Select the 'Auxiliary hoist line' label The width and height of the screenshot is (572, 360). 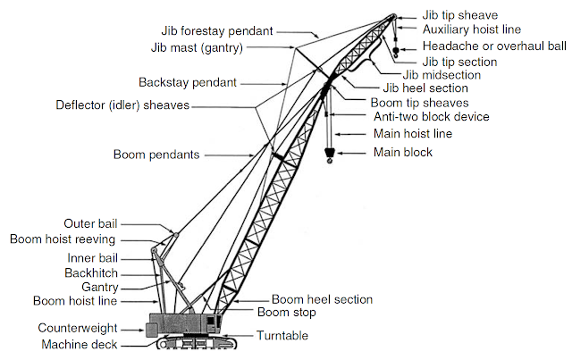(x=471, y=29)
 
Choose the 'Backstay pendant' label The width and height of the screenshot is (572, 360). (x=188, y=82)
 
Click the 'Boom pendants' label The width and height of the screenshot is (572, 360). (x=156, y=155)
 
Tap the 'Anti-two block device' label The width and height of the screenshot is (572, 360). (x=430, y=116)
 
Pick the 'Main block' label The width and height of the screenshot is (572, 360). (x=402, y=153)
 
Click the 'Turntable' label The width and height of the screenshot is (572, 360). (x=282, y=336)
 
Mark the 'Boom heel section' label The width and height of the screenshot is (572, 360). (x=322, y=299)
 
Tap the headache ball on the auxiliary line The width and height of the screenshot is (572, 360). (x=395, y=51)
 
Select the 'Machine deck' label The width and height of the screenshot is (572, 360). (x=79, y=344)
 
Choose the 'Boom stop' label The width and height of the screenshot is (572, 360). (x=285, y=312)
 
